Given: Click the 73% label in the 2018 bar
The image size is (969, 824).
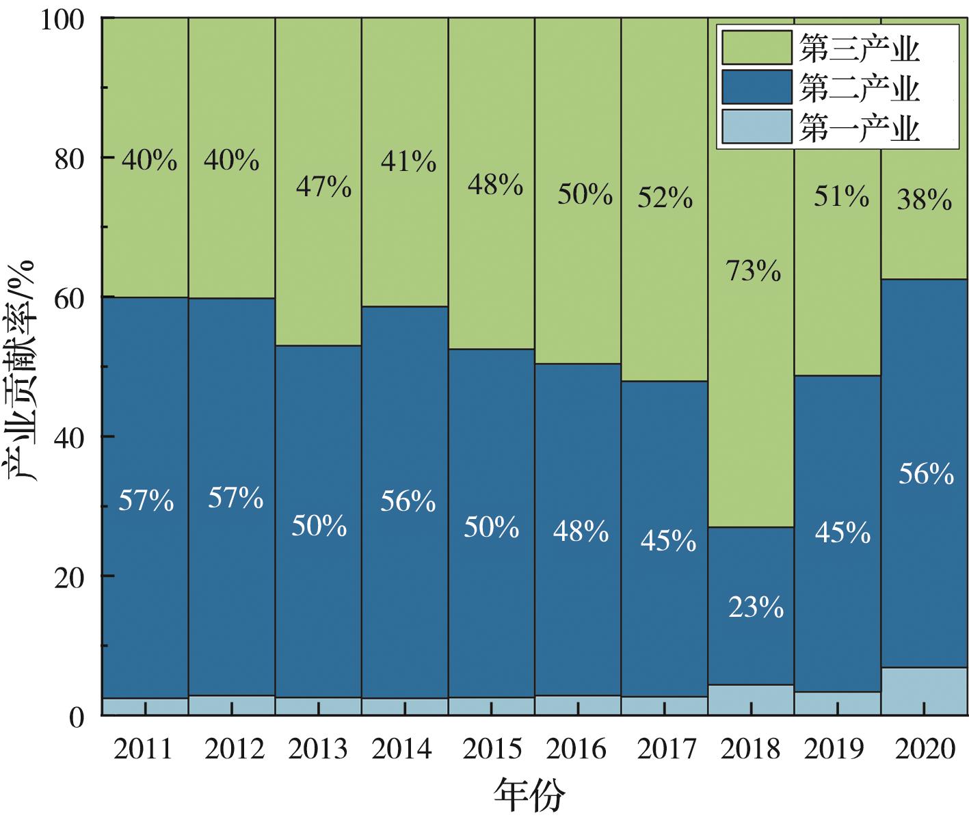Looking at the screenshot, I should tap(754, 271).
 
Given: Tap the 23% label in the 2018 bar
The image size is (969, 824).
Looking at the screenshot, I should tap(756, 607).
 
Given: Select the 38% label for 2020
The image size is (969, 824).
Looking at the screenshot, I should tap(924, 200).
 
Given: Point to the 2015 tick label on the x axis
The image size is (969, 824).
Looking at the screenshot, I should tap(492, 749).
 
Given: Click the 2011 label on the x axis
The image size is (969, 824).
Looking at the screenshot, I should tap(143, 749).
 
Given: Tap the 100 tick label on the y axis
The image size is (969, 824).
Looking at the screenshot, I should tap(64, 19).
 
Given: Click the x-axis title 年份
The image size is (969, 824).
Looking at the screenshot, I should tap(529, 795).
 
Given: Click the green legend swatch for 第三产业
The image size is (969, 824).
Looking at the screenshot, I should tap(755, 49).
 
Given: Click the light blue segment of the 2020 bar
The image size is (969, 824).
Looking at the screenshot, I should tap(924, 691).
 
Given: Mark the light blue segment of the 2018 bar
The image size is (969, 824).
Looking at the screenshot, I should tap(750, 700).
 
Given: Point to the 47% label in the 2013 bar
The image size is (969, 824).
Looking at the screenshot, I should tap(323, 186).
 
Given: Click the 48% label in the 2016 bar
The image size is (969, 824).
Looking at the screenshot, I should tap(581, 531).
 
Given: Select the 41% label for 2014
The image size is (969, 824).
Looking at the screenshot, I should tap(408, 161).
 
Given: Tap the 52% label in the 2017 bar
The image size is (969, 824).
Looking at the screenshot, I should tap(665, 198).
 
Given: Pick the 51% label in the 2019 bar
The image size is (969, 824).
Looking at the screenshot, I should tap(841, 196).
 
